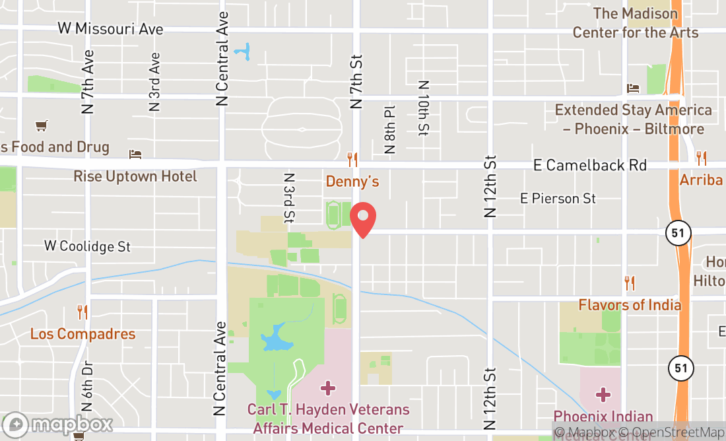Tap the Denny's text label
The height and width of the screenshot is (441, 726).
352,181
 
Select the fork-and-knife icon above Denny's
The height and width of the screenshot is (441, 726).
352,159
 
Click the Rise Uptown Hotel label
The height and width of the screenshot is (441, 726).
135,176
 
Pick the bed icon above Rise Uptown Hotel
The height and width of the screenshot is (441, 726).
135,154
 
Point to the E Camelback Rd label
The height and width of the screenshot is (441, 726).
590,165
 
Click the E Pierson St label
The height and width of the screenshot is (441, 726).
558,198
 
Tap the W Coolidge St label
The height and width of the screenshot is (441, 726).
88,246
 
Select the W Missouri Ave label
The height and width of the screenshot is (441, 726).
110,29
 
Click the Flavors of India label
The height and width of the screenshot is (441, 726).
630,305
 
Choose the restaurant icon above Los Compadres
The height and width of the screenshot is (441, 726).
82,312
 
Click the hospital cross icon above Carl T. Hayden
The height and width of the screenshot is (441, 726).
328,388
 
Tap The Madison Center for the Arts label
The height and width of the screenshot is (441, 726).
635,23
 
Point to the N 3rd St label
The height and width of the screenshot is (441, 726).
288,197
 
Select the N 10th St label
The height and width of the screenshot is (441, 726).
423,108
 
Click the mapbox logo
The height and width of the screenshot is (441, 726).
57,424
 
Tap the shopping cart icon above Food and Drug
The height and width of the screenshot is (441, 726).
42,125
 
